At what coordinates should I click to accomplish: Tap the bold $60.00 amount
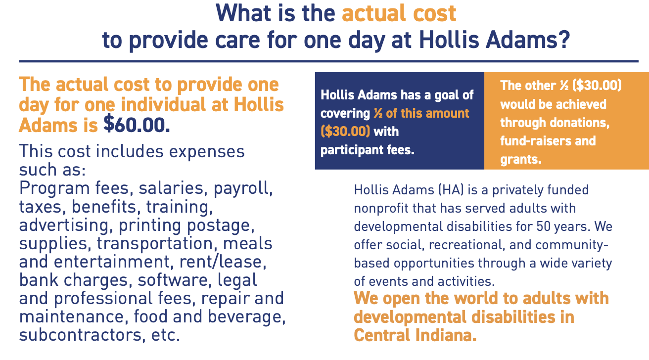(137, 125)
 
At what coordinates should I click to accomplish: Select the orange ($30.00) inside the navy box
(345, 132)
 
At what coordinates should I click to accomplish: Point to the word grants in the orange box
(521, 160)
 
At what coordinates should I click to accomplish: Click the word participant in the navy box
(352, 150)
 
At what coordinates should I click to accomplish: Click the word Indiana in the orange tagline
(446, 335)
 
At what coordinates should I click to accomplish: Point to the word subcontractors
(81, 335)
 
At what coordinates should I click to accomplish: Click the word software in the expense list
(173, 280)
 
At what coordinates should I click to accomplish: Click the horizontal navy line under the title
(328, 61)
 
